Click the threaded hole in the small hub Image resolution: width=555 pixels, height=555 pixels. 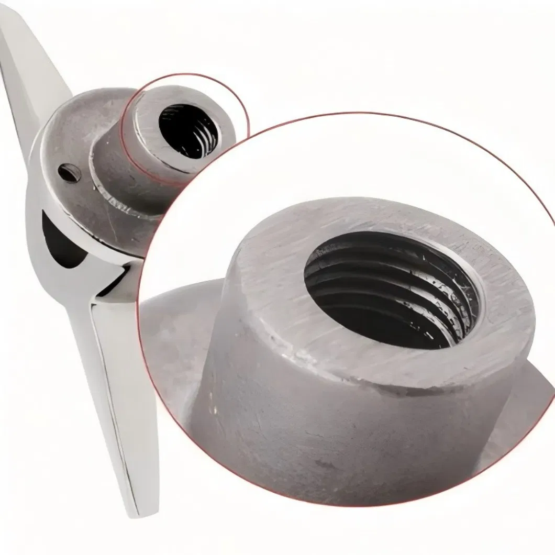[x=188, y=131]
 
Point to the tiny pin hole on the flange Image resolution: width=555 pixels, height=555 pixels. [x=66, y=170]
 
